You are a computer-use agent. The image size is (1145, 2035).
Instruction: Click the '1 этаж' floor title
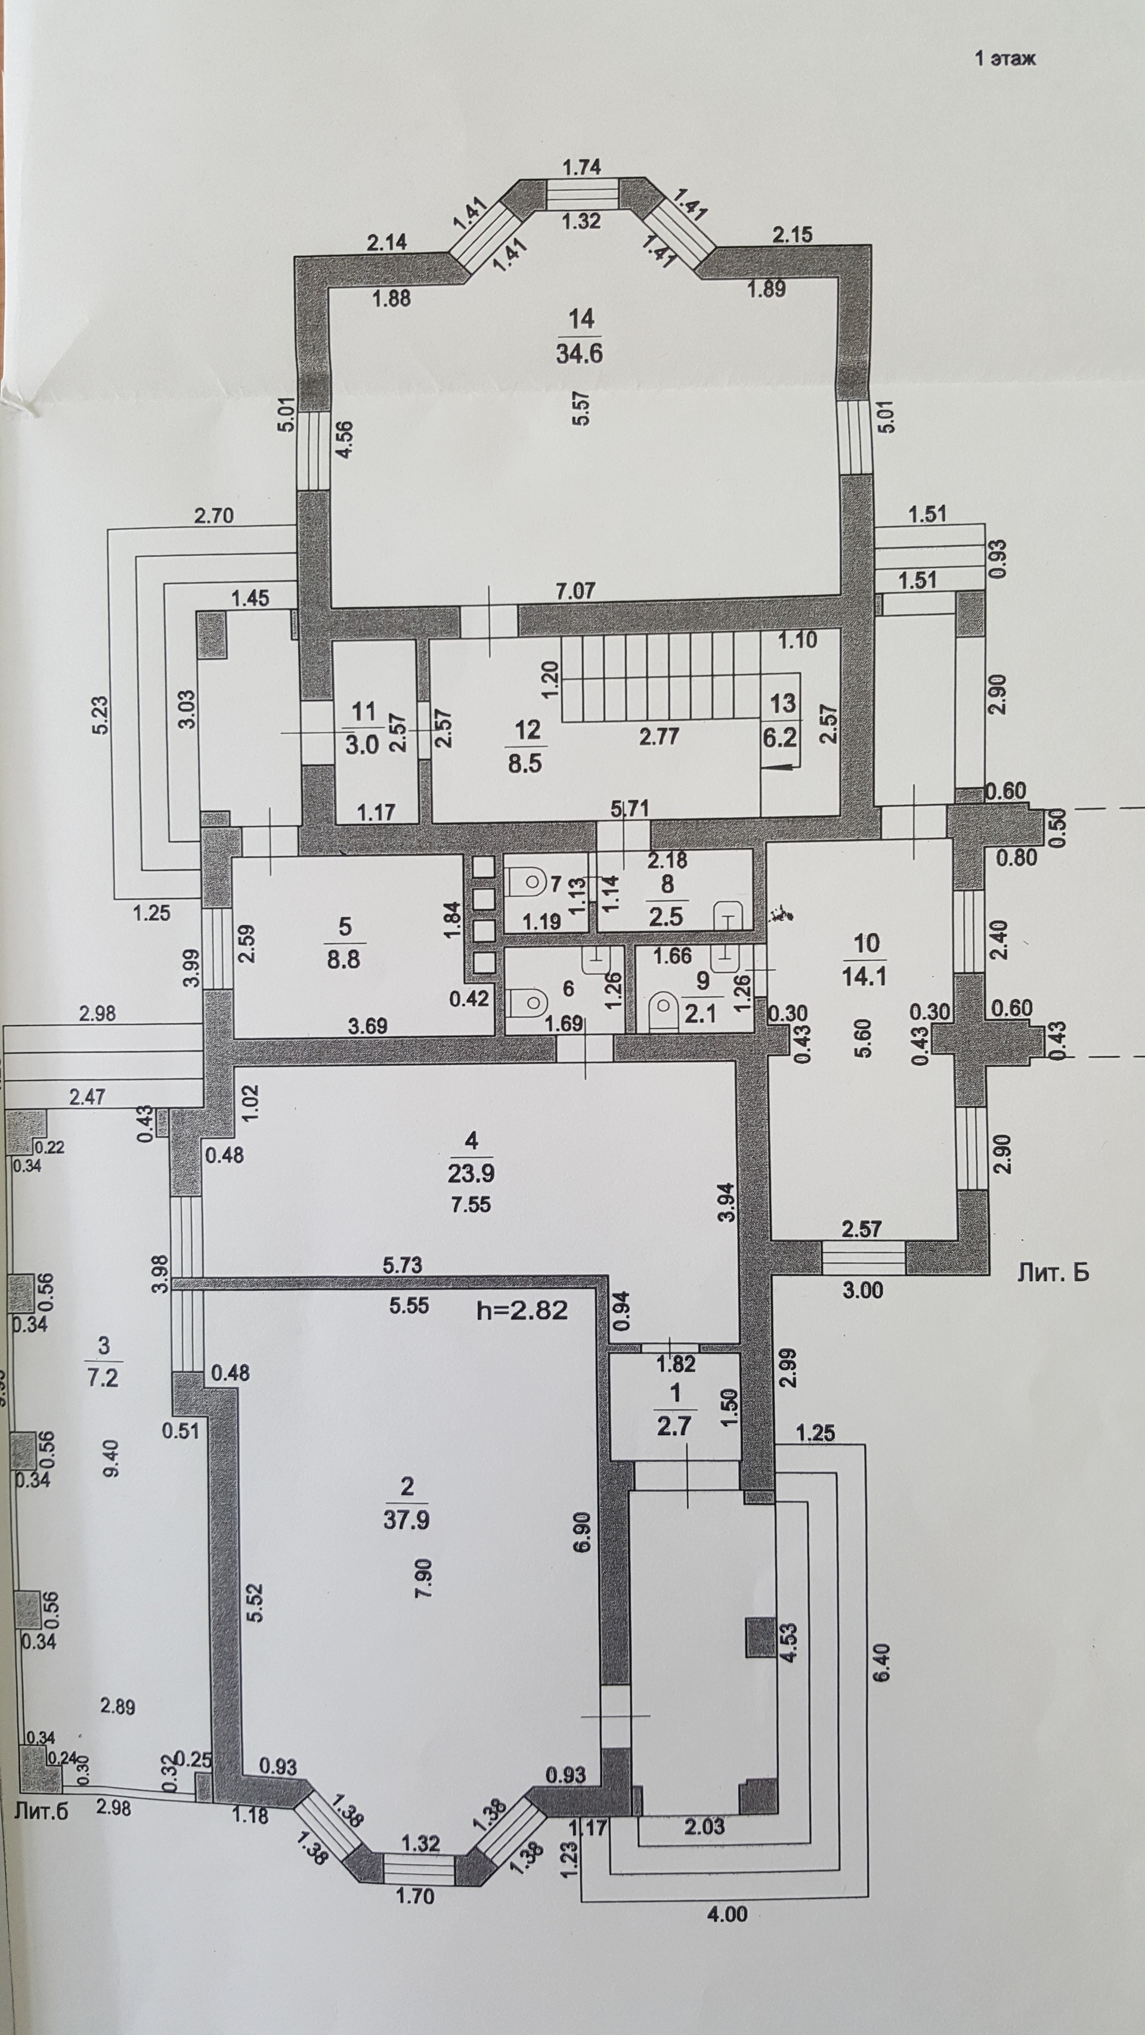(1004, 58)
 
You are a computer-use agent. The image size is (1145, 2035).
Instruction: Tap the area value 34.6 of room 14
(579, 353)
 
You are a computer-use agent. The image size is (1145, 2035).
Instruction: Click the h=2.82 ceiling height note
(522, 1310)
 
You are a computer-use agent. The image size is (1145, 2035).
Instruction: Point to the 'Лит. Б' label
(1052, 1271)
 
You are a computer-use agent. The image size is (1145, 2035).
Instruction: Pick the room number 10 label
(866, 943)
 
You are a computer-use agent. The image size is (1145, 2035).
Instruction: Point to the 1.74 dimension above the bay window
(581, 167)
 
